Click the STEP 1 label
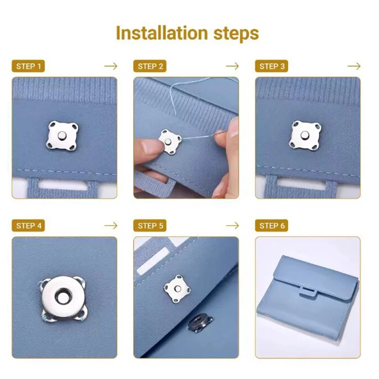coord(28,66)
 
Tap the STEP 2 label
coord(150,66)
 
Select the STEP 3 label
coord(272,66)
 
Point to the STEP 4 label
coord(28,225)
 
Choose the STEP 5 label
coord(150,225)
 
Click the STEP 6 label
coord(272,225)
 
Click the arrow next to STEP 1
coord(111,66)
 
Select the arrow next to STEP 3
coord(354,66)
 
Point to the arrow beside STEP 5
coord(233,225)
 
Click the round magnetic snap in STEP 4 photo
coord(63,296)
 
